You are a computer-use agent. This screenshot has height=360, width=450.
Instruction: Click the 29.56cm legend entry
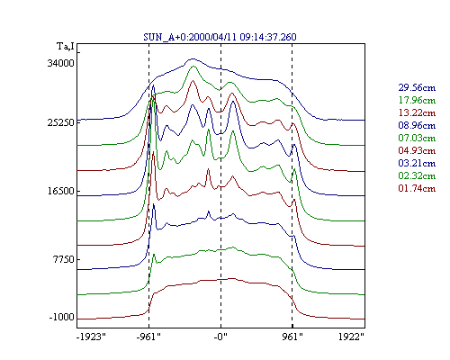pyautogui.click(x=417, y=87)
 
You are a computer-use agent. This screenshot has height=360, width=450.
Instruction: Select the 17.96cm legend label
pyautogui.click(x=417, y=100)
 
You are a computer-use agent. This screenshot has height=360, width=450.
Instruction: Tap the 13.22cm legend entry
pyautogui.click(x=417, y=112)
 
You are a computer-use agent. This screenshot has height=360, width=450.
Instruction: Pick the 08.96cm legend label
pyautogui.click(x=417, y=125)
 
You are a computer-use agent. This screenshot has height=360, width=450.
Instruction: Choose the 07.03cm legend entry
pyautogui.click(x=417, y=138)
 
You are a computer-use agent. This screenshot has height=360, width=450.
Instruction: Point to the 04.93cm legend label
pyautogui.click(x=417, y=150)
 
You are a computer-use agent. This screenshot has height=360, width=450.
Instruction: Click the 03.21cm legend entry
pyautogui.click(x=417, y=163)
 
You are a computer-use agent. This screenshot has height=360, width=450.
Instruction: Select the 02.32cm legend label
pyautogui.click(x=417, y=175)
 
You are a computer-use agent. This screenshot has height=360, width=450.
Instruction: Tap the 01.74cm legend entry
pyautogui.click(x=417, y=188)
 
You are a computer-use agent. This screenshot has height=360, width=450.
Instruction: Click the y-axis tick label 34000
pyautogui.click(x=60, y=63)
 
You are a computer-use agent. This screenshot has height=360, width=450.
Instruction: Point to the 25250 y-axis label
pyautogui.click(x=60, y=122)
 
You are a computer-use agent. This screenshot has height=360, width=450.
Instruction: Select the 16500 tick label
pyautogui.click(x=60, y=191)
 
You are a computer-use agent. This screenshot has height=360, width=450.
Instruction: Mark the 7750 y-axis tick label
pyautogui.click(x=63, y=259)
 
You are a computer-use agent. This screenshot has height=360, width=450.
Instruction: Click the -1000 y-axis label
pyautogui.click(x=61, y=317)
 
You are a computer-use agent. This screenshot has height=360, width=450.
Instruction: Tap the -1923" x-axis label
pyautogui.click(x=91, y=337)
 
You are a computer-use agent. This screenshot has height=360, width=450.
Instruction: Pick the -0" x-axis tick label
pyautogui.click(x=220, y=337)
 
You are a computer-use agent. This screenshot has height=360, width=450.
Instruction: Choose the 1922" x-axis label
pyautogui.click(x=351, y=337)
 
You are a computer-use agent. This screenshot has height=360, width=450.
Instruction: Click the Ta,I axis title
pyautogui.click(x=66, y=47)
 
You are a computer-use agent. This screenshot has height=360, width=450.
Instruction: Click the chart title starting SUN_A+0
pyautogui.click(x=220, y=37)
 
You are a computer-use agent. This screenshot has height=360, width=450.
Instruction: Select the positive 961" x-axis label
pyautogui.click(x=292, y=337)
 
